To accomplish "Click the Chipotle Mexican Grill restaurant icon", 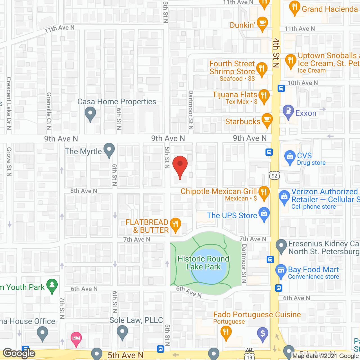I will tap(264, 193).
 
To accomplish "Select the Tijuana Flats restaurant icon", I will tap(264, 96).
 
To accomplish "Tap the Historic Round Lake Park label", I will tap(203, 263).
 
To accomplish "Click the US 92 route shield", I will tap(274, 176).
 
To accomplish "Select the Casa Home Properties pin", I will tap(90, 114).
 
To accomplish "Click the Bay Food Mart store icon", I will tap(281, 271).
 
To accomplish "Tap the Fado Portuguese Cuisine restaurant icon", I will tap(226, 332).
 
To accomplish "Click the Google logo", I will tap(19, 353).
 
